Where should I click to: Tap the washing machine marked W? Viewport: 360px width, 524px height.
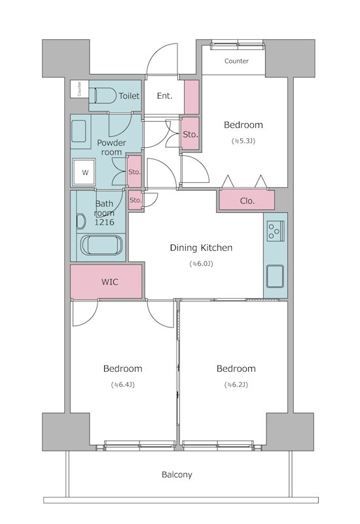(x=84, y=172)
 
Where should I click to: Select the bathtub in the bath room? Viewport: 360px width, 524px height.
(x=101, y=245)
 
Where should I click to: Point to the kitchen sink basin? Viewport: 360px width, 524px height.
(x=275, y=276)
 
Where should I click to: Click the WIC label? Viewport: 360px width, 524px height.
(x=109, y=282)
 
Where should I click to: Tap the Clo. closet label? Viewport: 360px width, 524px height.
(x=247, y=201)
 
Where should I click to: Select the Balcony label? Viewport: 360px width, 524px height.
(x=177, y=474)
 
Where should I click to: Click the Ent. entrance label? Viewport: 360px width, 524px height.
(x=165, y=96)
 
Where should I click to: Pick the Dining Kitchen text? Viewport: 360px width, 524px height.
(x=201, y=248)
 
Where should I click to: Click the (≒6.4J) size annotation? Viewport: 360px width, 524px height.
(x=122, y=384)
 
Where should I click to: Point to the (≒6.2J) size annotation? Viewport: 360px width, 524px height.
(x=236, y=384)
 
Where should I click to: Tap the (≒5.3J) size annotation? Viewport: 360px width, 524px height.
(x=243, y=141)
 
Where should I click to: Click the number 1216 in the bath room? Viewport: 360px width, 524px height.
(x=104, y=222)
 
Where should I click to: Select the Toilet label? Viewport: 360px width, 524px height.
(x=129, y=96)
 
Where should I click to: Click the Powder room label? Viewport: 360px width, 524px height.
(x=111, y=147)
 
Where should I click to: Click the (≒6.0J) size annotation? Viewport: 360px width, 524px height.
(x=201, y=264)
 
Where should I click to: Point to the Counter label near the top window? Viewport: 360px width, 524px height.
(x=236, y=61)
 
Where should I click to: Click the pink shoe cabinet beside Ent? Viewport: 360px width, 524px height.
(x=192, y=97)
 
